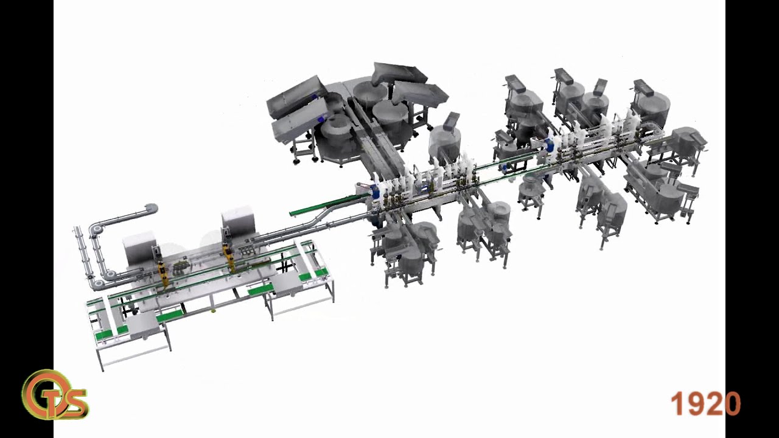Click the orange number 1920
click(705, 403)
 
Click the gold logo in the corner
click(55, 395)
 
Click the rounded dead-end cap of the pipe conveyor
click(152, 209)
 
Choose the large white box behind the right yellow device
click(239, 222)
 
